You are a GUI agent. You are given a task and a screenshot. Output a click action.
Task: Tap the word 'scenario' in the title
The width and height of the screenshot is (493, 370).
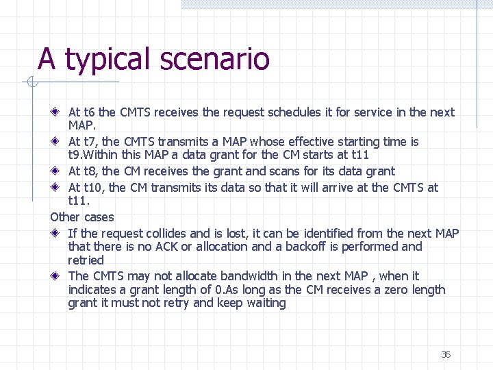(215, 60)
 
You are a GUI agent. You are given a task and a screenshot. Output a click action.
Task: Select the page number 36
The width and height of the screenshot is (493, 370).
(446, 354)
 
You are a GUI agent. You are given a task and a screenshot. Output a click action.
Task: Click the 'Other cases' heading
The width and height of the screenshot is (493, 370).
(82, 217)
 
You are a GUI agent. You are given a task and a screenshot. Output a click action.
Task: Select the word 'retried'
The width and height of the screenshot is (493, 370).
(86, 260)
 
